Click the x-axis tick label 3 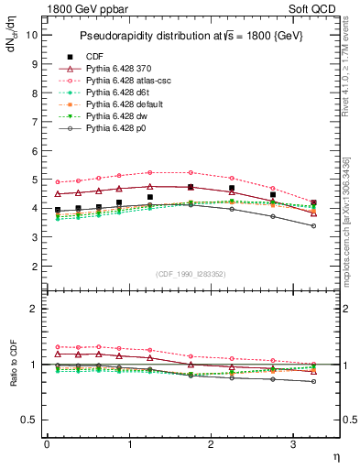[x=293, y=444]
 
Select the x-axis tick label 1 [x=128, y=444]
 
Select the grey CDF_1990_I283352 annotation [x=191, y=274]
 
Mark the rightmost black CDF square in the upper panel [x=314, y=202]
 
